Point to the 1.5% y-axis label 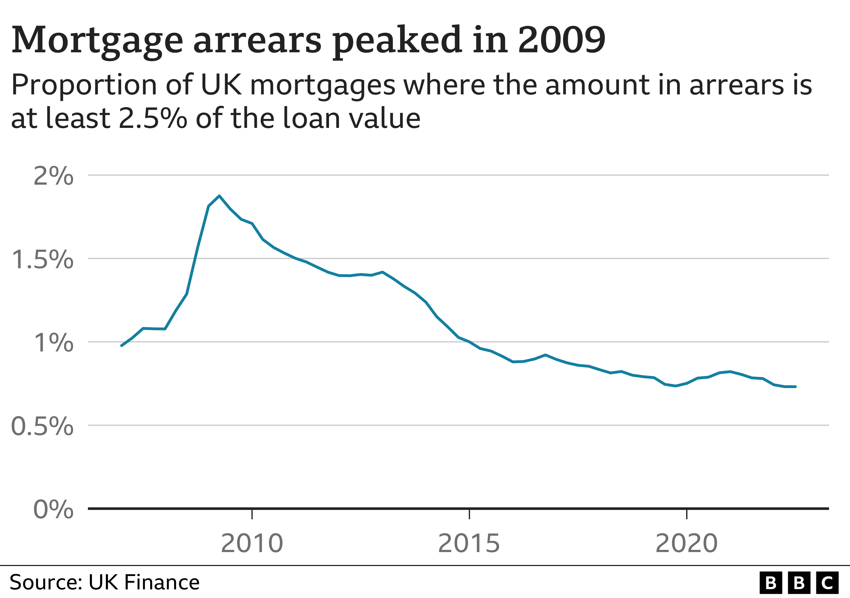click(x=43, y=259)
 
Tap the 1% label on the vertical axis click(x=53, y=343)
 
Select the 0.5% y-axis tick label click(x=43, y=426)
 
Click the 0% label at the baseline click(x=53, y=510)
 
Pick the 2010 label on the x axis click(x=252, y=543)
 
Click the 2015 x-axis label click(x=469, y=543)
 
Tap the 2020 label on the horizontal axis click(x=686, y=543)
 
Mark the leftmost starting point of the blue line click(x=121, y=345)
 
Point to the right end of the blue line click(x=795, y=387)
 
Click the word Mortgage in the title click(x=97, y=40)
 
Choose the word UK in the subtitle click(x=221, y=85)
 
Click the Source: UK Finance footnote click(x=104, y=582)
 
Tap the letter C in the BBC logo click(x=827, y=583)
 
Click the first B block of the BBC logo click(x=771, y=583)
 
